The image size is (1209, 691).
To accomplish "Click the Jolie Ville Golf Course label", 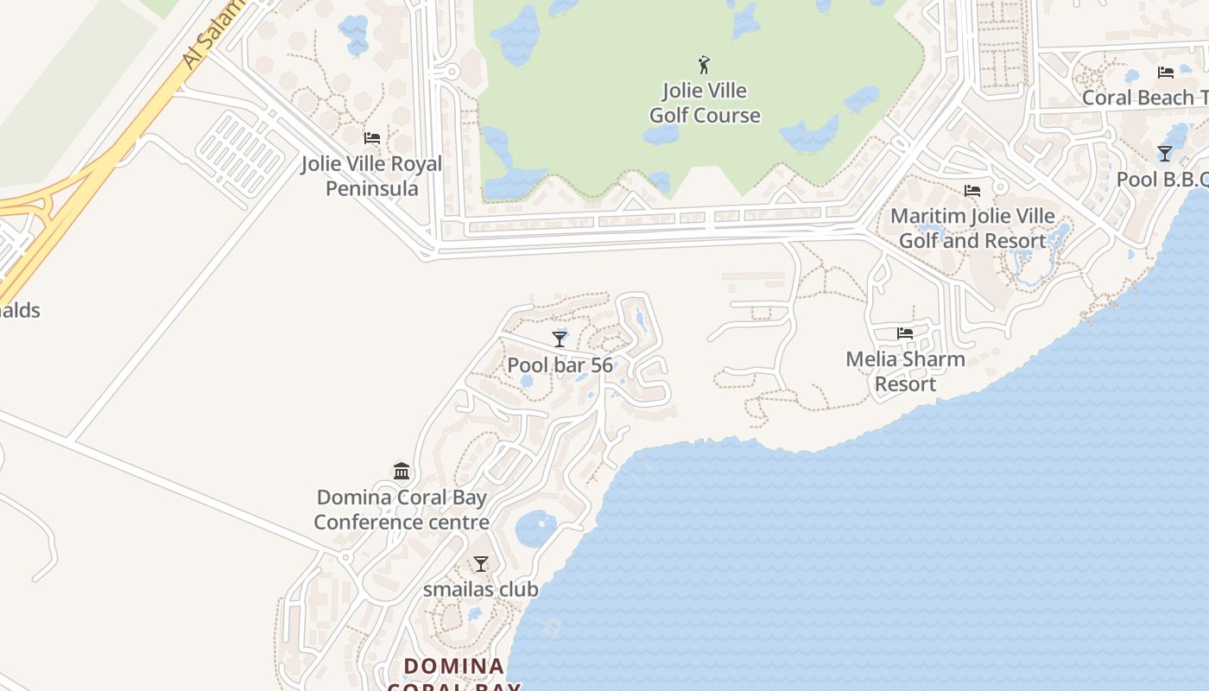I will [705, 103].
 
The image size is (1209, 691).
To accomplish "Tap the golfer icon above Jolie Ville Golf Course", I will [704, 65].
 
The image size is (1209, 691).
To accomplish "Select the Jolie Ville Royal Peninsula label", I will [371, 176].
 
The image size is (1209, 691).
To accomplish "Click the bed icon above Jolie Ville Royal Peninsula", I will [372, 138].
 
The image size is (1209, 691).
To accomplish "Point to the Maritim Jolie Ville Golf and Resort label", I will [972, 228].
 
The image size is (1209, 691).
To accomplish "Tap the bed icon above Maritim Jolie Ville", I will [972, 190].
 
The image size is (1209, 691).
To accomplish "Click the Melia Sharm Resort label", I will [905, 371].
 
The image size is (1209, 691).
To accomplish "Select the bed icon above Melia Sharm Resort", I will [905, 333].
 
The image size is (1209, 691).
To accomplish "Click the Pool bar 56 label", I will [560, 365].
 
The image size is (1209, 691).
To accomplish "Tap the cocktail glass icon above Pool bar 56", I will [560, 339].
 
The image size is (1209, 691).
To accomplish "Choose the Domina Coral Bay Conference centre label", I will [402, 510].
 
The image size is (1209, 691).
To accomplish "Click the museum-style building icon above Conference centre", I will [402, 472].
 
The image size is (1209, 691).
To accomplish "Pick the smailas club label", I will [480, 590].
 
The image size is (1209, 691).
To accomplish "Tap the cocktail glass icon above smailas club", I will [481, 564].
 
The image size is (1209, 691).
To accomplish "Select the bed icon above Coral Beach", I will [1166, 73].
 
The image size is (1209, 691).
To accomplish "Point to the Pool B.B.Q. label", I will [1162, 180].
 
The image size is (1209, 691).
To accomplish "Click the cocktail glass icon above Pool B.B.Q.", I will [1165, 154].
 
